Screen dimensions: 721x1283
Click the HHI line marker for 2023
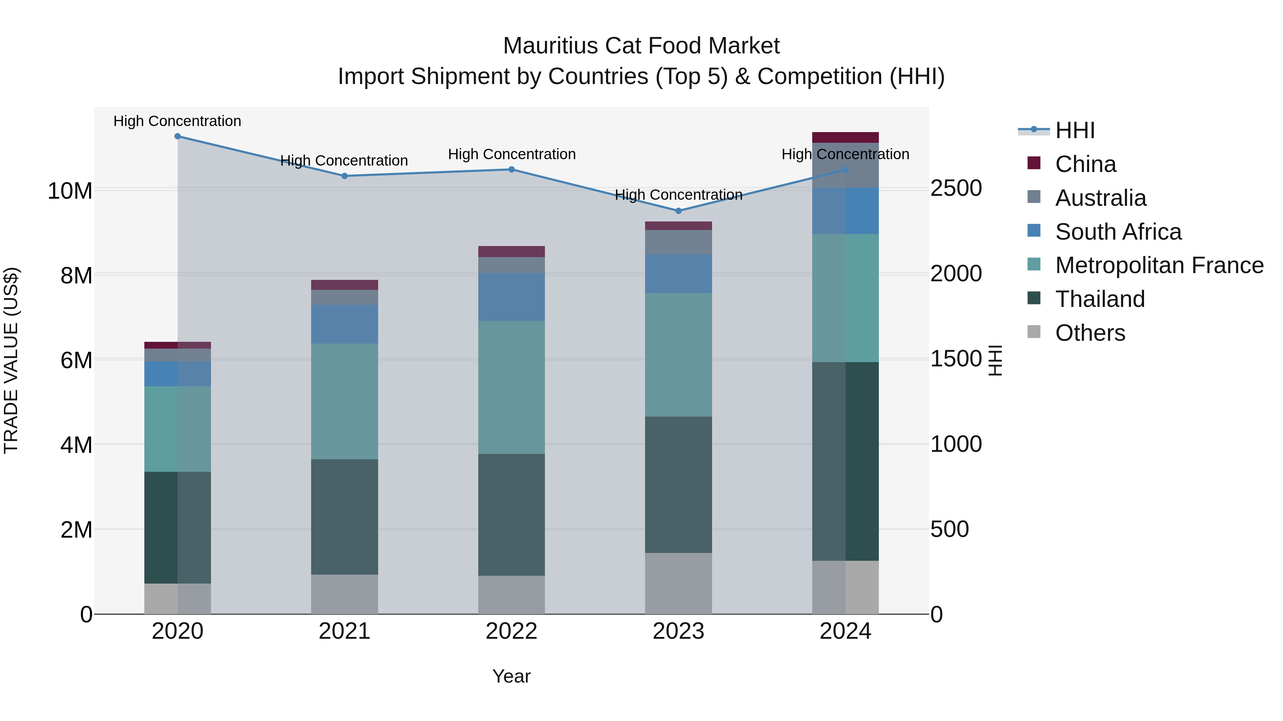(678, 211)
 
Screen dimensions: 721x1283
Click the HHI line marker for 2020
(177, 136)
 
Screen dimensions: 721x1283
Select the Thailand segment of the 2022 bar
(511, 514)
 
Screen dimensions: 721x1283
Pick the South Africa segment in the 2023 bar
(678, 274)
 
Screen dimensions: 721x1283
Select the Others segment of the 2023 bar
(678, 583)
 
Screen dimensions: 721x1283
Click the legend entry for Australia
(1100, 198)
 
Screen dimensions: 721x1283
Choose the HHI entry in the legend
(1074, 130)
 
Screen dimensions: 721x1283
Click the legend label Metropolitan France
(1159, 265)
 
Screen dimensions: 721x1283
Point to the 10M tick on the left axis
(70, 191)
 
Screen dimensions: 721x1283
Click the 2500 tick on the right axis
(956, 189)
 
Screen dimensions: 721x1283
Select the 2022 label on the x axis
(511, 631)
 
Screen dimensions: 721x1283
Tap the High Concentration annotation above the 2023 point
(678, 194)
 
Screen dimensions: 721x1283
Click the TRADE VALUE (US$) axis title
(11, 360)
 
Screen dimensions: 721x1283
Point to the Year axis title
(511, 676)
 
